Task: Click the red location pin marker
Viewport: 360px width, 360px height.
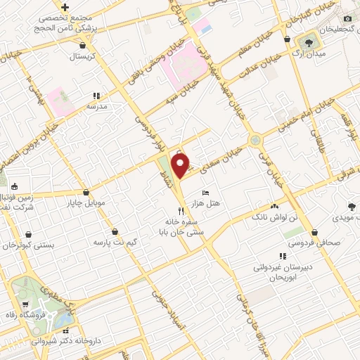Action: (x=181, y=165)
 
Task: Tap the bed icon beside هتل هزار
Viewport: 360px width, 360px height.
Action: (x=205, y=193)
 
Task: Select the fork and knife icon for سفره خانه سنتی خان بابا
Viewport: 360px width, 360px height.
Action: (x=181, y=210)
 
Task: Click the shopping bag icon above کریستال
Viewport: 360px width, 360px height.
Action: (x=86, y=45)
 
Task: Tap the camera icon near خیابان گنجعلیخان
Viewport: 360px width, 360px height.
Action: (x=347, y=18)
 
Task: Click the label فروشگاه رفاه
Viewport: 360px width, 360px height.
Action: (x=25, y=315)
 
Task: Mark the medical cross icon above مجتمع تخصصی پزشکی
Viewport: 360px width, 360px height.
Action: (x=65, y=7)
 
